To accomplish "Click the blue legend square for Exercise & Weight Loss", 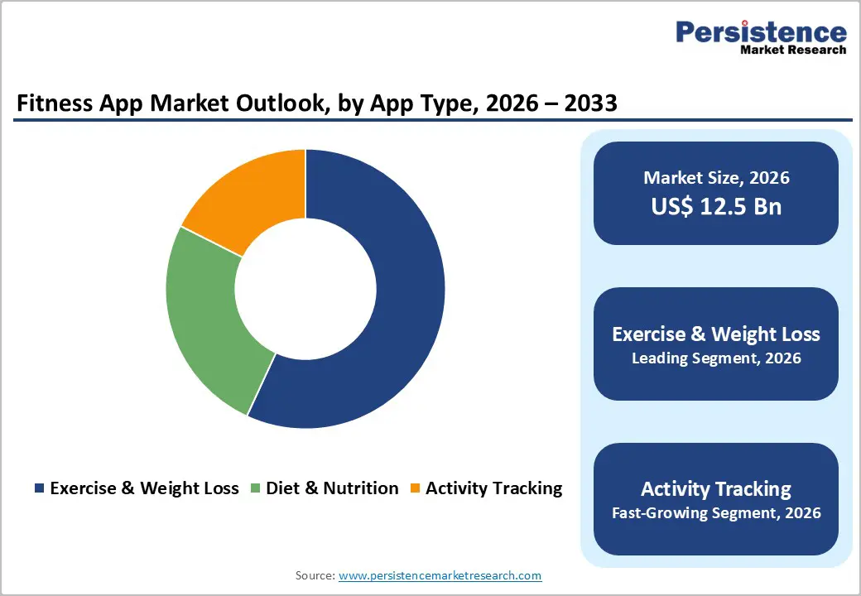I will (39, 488).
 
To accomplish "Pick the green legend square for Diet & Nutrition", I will (255, 488).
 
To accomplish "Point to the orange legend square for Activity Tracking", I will (415, 488).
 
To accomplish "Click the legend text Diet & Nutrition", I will (332, 488).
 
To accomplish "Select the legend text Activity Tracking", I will (493, 488).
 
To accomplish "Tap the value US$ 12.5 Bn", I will (716, 206).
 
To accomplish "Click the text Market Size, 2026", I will (716, 177).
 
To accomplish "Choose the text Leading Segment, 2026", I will (716, 358).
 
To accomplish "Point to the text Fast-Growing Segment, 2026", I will (716, 513).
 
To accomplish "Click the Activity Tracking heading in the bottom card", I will (716, 488).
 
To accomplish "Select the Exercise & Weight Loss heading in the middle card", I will (716, 334).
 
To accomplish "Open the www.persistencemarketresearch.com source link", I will (440, 575).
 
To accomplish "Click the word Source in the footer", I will (314, 575).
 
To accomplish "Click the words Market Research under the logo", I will (793, 50).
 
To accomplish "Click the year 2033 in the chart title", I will (586, 103).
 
